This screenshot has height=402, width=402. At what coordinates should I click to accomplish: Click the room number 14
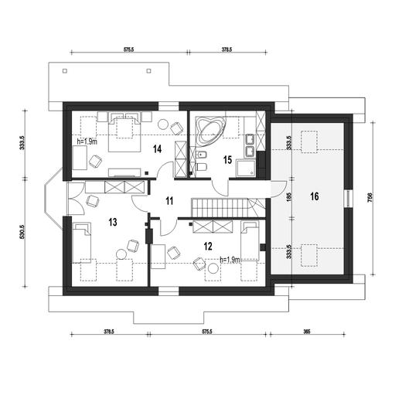coord(157,148)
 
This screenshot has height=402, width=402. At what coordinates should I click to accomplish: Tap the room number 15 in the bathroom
coord(227,160)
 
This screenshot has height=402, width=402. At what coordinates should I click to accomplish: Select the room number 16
coord(315,196)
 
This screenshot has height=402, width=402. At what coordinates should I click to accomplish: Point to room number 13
coord(113,222)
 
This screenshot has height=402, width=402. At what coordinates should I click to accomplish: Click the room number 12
coord(208,247)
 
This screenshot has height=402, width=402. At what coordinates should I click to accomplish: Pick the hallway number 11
coord(169,201)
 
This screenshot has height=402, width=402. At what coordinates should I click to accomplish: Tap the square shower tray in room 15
coord(247,168)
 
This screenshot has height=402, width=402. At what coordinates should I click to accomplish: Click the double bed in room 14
coord(124,132)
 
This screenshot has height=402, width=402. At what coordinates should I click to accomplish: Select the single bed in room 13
coord(82,243)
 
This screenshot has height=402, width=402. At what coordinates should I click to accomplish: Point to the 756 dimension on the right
coord(370,198)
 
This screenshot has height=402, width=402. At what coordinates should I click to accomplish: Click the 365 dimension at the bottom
coord(307,332)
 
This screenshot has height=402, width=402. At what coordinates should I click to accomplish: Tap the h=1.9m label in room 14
coord(87,141)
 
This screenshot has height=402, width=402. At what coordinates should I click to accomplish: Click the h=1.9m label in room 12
coord(230,260)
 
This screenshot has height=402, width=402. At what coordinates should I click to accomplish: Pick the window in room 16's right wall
coord(349,199)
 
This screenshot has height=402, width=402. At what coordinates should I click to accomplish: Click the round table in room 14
coord(163,124)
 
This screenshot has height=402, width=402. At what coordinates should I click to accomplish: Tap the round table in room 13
coord(121,254)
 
